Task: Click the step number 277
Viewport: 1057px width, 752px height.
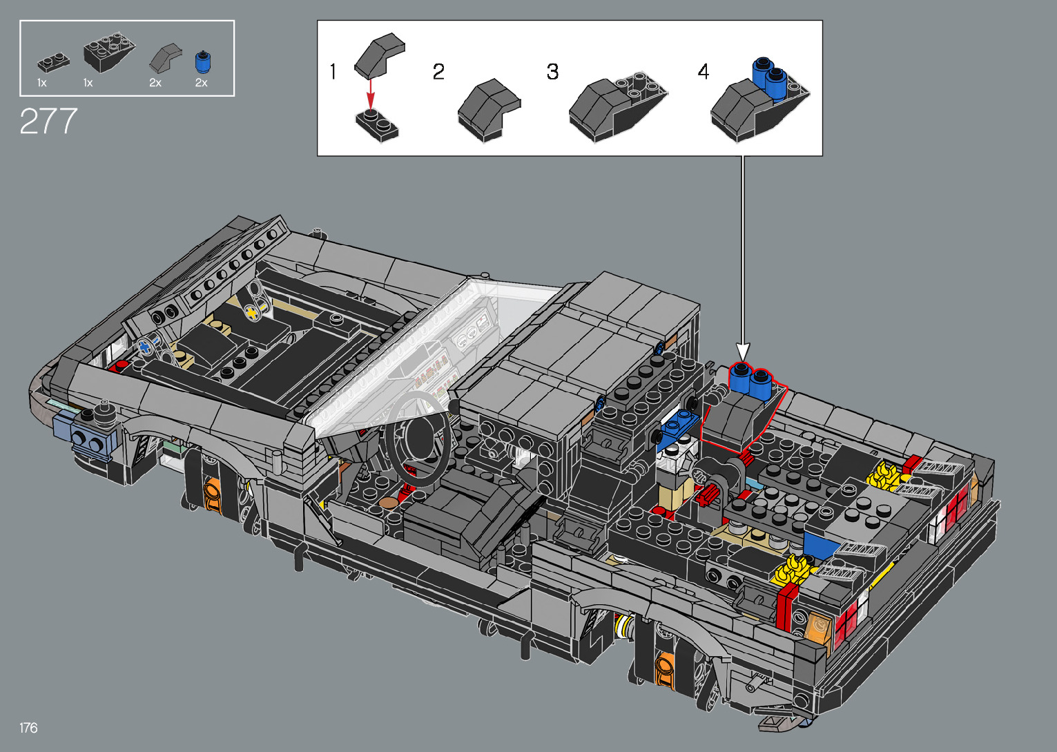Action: [48, 122]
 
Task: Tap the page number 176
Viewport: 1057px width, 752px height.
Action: [28, 727]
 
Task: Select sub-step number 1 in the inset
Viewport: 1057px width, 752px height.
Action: [333, 72]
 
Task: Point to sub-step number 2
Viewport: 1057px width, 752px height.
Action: [438, 72]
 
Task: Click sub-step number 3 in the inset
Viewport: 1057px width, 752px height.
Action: [552, 72]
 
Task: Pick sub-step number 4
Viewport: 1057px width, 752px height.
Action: [703, 72]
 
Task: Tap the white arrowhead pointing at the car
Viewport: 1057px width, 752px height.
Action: [743, 351]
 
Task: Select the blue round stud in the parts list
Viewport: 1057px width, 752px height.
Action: [202, 62]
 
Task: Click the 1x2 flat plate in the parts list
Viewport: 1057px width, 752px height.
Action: [53, 64]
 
